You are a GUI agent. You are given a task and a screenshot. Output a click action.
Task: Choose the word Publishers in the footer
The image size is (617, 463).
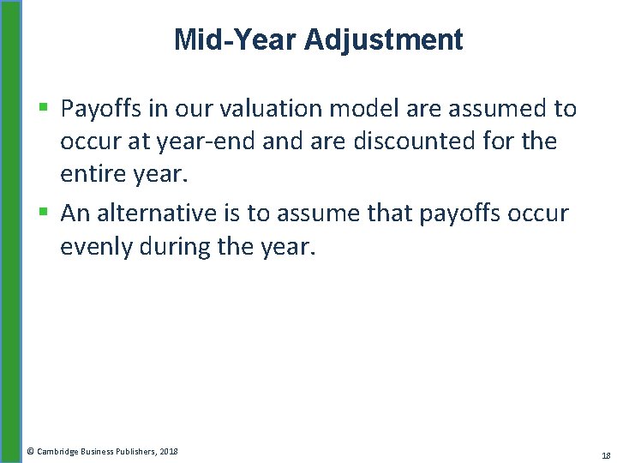[x=135, y=451]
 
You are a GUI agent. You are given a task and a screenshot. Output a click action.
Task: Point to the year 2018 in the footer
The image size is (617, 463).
[x=169, y=451]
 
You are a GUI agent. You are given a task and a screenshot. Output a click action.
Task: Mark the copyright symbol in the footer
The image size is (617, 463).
[x=30, y=451]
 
